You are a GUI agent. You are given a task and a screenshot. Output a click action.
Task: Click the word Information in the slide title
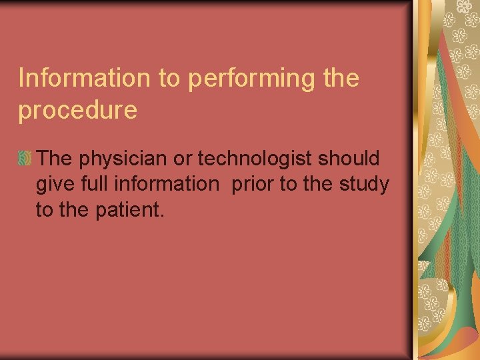point(85,78)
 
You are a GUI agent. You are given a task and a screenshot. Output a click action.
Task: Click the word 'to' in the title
point(171,79)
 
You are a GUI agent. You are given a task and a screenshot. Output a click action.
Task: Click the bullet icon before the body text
point(25,159)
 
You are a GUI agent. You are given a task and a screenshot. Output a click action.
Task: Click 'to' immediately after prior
point(287,184)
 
